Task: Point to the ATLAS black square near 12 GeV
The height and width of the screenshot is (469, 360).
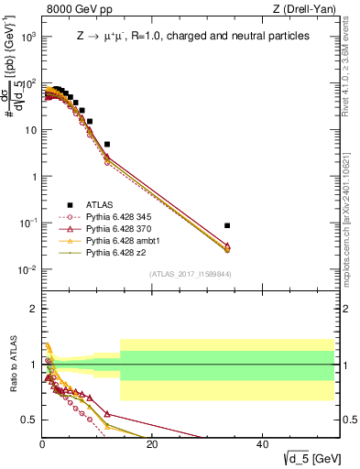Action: click(107, 144)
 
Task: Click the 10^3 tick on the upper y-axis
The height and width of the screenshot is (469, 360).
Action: click(27, 37)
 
